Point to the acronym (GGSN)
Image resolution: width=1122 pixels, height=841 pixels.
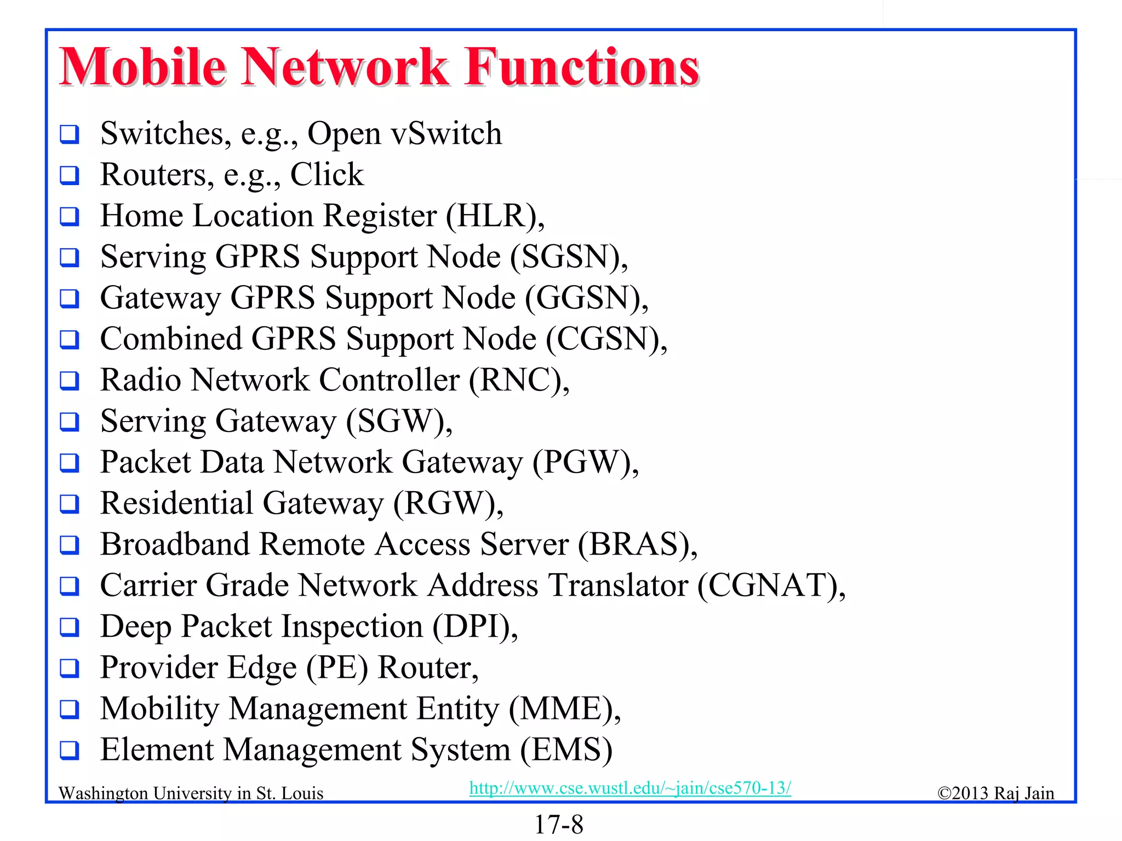[x=585, y=298]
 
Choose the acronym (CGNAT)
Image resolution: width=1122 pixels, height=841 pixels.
[x=770, y=585]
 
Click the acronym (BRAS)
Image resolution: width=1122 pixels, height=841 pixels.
[x=635, y=544]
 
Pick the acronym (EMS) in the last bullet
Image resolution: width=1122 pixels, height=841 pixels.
[x=566, y=750]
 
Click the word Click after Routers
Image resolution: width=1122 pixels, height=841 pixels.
[x=327, y=175]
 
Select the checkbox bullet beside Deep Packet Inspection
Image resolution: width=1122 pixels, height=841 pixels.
[x=70, y=627]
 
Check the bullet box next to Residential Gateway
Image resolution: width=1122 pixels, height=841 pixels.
[x=70, y=504]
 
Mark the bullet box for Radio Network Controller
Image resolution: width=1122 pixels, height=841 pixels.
[x=70, y=381]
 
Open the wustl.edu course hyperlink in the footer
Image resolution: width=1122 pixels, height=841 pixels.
[x=630, y=788]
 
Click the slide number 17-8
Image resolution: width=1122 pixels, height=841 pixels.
[x=559, y=825]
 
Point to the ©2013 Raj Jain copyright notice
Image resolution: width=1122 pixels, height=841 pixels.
[x=995, y=793]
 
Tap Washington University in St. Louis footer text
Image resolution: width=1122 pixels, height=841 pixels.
[x=191, y=793]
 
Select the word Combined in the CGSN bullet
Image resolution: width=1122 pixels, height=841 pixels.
[x=171, y=339]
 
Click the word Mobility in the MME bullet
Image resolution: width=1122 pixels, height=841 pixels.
[x=159, y=708]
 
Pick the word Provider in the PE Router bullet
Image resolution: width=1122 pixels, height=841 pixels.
[x=159, y=667]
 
